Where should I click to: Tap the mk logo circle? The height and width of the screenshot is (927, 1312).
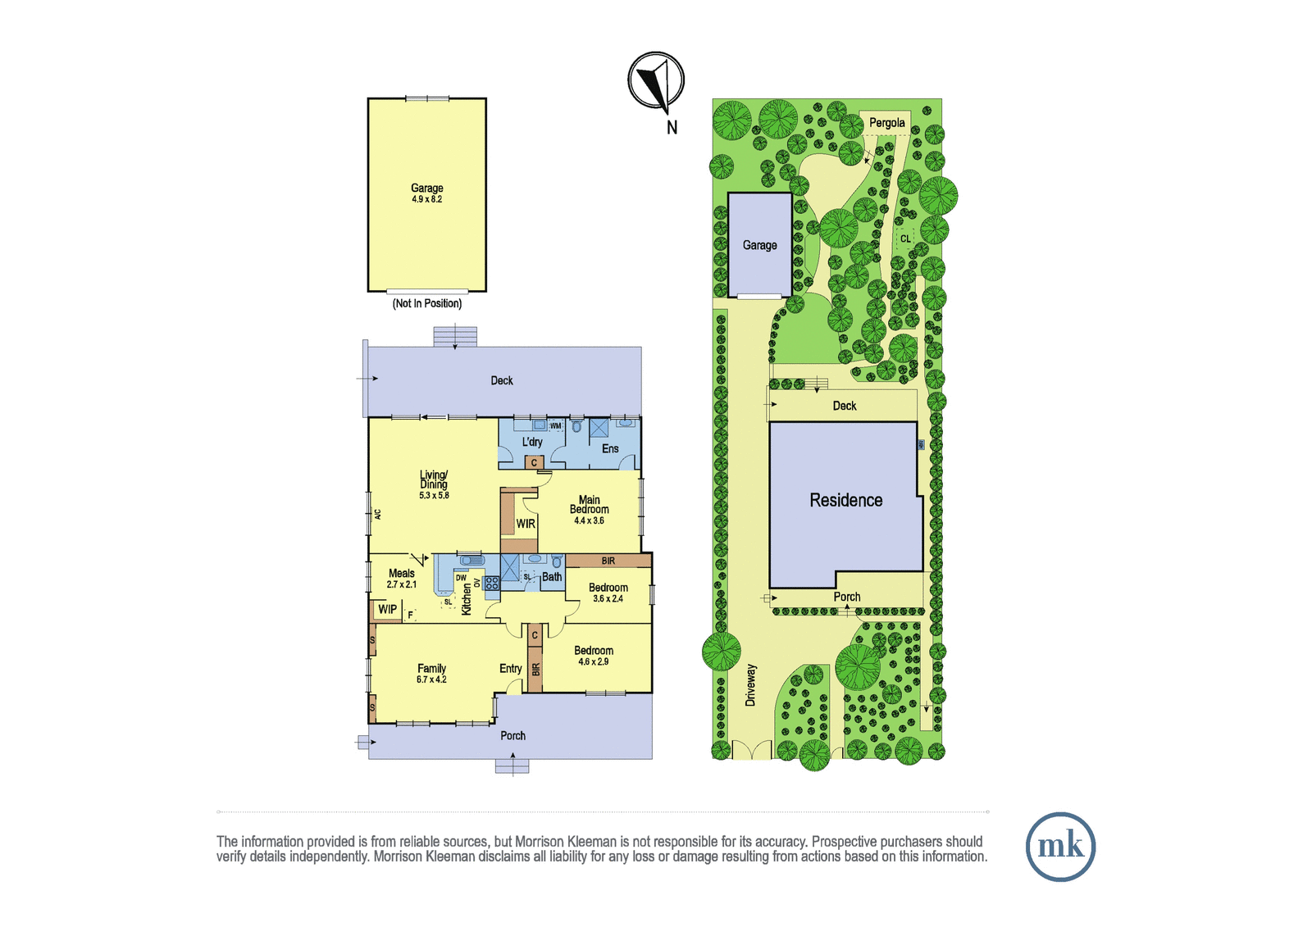coord(1060,846)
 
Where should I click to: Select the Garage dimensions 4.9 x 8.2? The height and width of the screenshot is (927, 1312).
coord(427,199)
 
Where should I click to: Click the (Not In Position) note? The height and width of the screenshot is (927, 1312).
coord(427,303)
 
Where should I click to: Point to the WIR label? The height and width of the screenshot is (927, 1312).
coord(526,524)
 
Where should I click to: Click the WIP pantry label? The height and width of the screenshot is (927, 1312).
coord(387,609)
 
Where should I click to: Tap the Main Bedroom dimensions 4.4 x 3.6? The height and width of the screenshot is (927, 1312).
coord(590,520)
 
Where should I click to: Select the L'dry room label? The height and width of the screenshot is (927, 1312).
coord(532,442)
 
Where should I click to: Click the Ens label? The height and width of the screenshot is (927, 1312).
coord(610,448)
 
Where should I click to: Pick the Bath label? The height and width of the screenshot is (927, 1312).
coord(552,577)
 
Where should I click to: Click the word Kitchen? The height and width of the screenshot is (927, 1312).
coord(467,598)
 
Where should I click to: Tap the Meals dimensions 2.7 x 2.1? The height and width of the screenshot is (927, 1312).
coord(402,584)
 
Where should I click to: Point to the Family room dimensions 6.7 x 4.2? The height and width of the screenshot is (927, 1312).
coord(431,679)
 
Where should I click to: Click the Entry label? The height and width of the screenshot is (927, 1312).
coord(511,669)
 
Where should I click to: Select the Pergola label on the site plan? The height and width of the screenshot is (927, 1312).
coord(886,123)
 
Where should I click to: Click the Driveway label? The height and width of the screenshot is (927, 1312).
coord(751,684)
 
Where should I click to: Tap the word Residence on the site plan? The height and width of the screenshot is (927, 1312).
coord(845,500)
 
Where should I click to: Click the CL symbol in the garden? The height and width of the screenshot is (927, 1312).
coord(905,239)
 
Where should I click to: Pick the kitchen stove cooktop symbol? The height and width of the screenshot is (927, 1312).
coord(491,583)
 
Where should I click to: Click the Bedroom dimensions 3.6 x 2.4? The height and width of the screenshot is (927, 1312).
coord(608,598)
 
